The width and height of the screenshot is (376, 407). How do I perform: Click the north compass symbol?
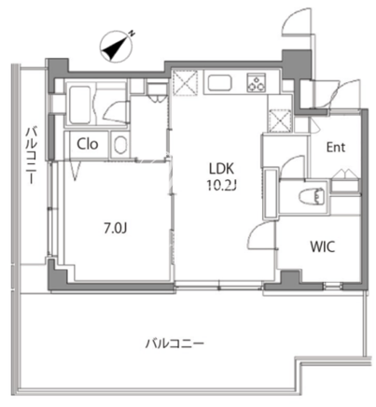(x=117, y=47)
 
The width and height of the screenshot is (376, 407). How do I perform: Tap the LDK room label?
(x=221, y=169)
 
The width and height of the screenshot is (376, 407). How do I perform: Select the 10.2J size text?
(x=222, y=186)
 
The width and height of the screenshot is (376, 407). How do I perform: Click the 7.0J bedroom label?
(x=116, y=229)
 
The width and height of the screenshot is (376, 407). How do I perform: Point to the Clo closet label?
(x=88, y=144)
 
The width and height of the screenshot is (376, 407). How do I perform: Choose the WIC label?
(x=323, y=246)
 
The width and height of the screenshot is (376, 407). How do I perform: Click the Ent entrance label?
(x=336, y=147)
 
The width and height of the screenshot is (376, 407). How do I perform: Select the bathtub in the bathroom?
(x=80, y=105)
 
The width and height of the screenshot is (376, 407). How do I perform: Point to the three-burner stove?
(x=257, y=82)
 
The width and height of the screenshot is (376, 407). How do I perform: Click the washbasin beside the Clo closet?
(x=119, y=145)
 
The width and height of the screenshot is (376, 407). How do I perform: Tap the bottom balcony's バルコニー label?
(x=175, y=344)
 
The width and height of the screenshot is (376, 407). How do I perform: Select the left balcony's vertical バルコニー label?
(x=31, y=155)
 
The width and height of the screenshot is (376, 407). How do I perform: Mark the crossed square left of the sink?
(x=185, y=82)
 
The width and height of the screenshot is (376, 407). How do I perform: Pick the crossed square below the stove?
(x=280, y=120)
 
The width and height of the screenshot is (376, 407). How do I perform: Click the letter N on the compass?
(x=132, y=33)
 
